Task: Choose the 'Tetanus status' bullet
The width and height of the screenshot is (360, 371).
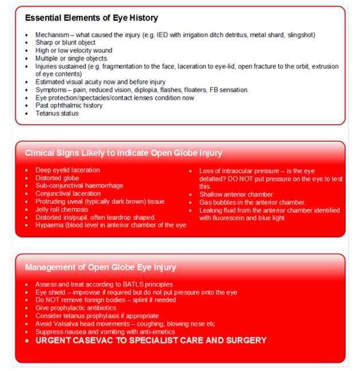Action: coord(56,113)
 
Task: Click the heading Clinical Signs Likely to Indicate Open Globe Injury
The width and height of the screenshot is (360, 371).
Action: coord(124,153)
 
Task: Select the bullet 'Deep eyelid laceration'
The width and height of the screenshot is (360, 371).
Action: coord(67,170)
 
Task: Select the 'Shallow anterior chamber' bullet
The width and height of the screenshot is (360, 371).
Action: coord(237,194)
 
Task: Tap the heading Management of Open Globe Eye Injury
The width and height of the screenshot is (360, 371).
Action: coord(101,267)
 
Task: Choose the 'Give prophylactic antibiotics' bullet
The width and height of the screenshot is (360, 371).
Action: coord(77,308)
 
